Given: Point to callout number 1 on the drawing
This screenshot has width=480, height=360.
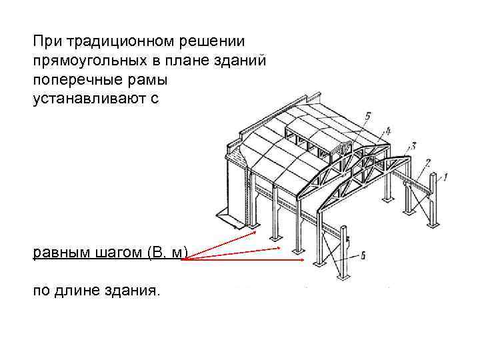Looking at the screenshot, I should pos(445,176).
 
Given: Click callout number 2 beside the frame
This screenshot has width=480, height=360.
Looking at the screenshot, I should pos(428,161).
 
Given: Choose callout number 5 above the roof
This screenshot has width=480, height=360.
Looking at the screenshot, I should pos(368,117).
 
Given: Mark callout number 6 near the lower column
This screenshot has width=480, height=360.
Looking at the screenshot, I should pos(363,255).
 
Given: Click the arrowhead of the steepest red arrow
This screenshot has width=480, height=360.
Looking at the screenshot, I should pos(255,233).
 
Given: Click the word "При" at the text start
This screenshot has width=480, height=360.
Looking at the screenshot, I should pos(44,41).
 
